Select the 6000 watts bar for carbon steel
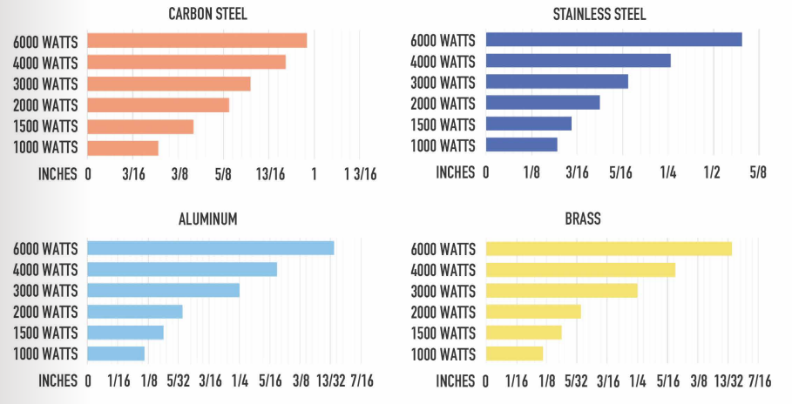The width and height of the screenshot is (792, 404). pyautogui.click(x=197, y=41)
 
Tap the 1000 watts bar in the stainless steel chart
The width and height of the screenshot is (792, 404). pyautogui.click(x=521, y=145)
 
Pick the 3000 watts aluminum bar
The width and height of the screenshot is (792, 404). pyautogui.click(x=164, y=290)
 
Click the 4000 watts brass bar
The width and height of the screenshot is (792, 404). pyautogui.click(x=580, y=270)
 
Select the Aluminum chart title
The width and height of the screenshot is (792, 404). pyautogui.click(x=207, y=219)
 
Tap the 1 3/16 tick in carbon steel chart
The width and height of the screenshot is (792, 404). pyautogui.click(x=360, y=173)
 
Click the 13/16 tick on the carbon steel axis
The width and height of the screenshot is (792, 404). pyautogui.click(x=271, y=173)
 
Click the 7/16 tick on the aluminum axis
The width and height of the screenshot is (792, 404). pyautogui.click(x=362, y=380)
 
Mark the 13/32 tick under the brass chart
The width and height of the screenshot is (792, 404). pyautogui.click(x=728, y=380)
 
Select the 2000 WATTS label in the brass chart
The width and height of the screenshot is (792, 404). pyautogui.click(x=443, y=312)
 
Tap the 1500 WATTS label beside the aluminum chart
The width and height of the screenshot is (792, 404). pyautogui.click(x=45, y=333)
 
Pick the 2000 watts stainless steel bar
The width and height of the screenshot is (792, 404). pyautogui.click(x=543, y=103)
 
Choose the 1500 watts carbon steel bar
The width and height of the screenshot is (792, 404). pyautogui.click(x=140, y=126)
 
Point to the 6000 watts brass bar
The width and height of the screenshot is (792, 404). pyautogui.click(x=608, y=249)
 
